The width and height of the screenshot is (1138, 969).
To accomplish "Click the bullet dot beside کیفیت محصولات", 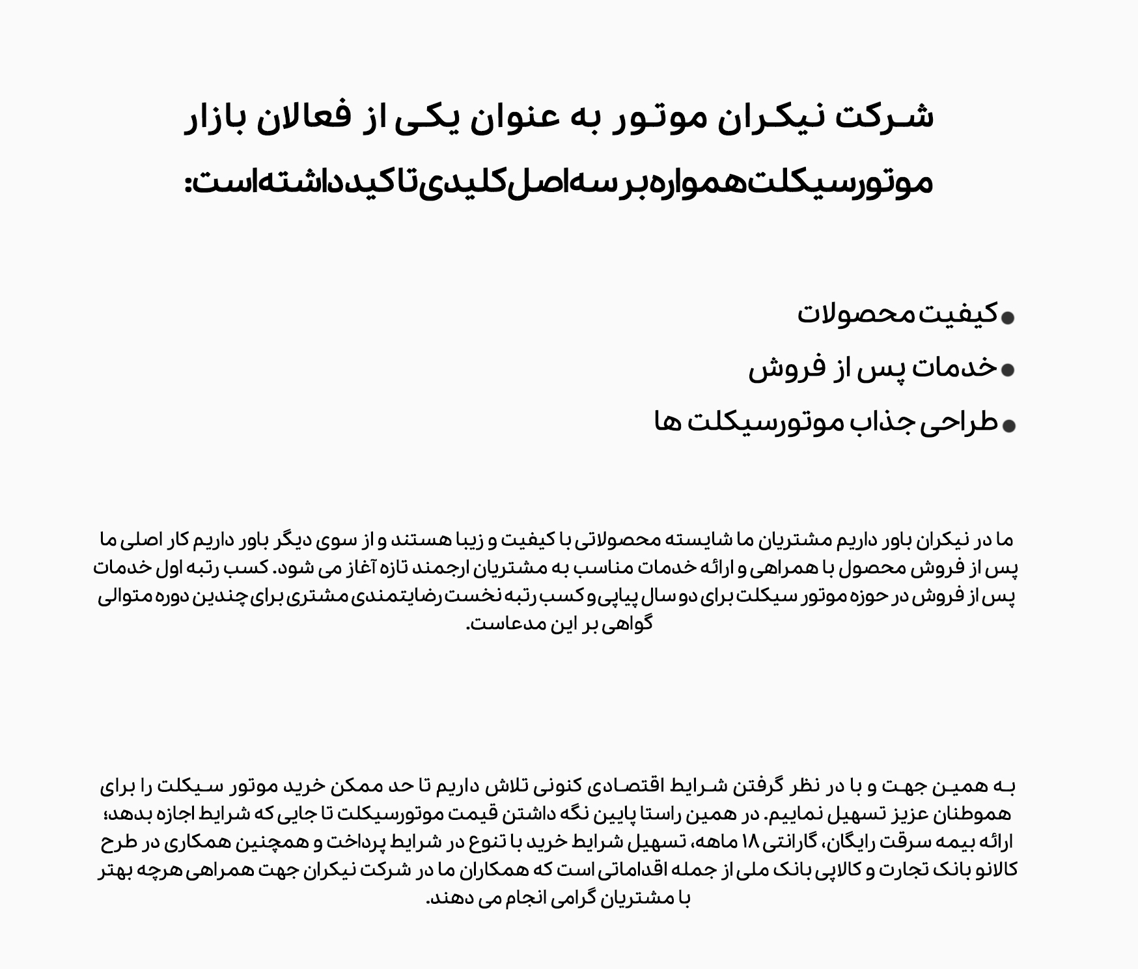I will [x=1008, y=318].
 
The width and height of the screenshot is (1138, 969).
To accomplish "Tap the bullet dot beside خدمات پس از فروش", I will [x=1008, y=370].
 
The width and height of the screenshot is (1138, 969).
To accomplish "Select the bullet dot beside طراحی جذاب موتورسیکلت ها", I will [x=1008, y=426].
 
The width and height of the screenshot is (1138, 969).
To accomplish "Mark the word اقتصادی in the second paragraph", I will [x=624, y=787].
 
